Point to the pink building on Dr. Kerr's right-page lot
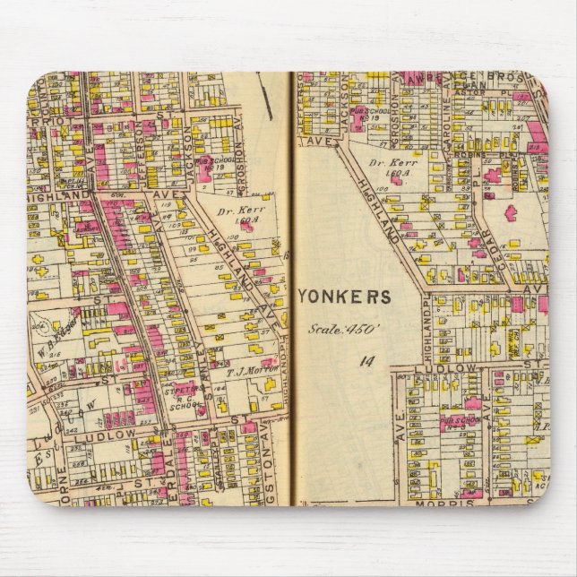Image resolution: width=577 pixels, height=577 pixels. (x=395, y=179)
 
